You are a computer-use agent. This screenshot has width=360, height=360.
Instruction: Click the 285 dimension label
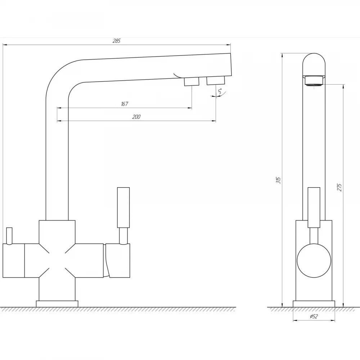[116, 41]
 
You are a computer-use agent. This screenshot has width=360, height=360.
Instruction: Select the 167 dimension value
[124, 104]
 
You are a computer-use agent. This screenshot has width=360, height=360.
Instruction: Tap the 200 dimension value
[136, 117]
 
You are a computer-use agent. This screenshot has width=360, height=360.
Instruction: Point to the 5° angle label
[220, 91]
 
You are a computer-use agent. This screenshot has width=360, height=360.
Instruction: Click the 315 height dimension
[279, 180]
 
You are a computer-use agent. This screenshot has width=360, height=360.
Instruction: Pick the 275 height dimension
[339, 187]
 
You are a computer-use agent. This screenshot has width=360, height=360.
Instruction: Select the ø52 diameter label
[314, 316]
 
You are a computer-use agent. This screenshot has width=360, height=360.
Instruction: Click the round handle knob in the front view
[314, 261]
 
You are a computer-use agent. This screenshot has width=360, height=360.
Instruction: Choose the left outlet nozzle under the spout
[192, 81]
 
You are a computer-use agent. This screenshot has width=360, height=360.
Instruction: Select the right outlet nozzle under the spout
[216, 81]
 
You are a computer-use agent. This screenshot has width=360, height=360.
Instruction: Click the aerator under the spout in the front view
[314, 81]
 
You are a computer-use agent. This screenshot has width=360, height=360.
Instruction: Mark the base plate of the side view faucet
[314, 304]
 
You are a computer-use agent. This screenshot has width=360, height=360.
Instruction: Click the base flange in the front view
[57, 304]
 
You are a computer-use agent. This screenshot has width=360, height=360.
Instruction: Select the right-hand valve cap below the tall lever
[118, 261]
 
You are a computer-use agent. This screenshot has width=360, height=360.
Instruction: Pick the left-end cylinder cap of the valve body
[14, 261]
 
